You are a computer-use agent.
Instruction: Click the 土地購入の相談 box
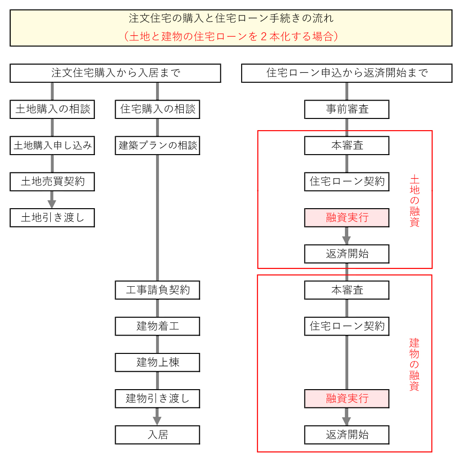[x=52, y=110]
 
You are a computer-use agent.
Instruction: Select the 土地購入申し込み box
[x=52, y=146]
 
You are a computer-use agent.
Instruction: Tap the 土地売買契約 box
[x=52, y=182]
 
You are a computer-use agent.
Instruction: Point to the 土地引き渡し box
[x=52, y=218]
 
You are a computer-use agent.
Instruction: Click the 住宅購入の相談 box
[x=157, y=110]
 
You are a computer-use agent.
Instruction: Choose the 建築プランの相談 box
[x=157, y=146]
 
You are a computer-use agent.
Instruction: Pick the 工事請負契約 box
[x=157, y=290]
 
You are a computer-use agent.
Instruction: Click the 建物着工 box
[x=157, y=326]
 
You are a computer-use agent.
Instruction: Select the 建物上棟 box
[x=157, y=362]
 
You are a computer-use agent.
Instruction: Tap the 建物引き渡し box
[x=157, y=399]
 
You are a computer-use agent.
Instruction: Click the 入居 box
[x=157, y=435]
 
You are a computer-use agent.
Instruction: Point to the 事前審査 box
[x=347, y=110]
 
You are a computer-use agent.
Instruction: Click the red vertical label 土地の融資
[x=414, y=201]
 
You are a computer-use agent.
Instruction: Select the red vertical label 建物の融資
[x=414, y=364]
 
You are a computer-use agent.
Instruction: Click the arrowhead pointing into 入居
[x=157, y=420]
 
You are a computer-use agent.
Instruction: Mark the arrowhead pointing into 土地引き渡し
[x=52, y=204]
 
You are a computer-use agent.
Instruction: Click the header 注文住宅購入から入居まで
[x=116, y=73]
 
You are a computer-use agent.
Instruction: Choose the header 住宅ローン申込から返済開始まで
[x=347, y=73]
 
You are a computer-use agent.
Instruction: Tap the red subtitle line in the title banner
[x=231, y=37]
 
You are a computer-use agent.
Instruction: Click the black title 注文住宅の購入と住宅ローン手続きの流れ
[x=231, y=19]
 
